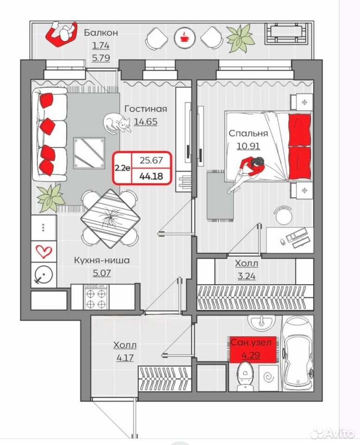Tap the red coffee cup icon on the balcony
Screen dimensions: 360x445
(185, 38)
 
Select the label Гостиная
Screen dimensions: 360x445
(146, 108)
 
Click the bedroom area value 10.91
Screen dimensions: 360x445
(248, 146)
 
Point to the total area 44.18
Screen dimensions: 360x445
(151, 176)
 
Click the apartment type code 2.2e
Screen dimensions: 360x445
(123, 168)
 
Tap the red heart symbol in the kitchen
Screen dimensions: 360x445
(44, 251)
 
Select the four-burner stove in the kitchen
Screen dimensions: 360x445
(96, 297)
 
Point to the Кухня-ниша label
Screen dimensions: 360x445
(102, 260)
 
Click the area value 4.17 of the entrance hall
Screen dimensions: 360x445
(125, 357)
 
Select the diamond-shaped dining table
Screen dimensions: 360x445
(110, 218)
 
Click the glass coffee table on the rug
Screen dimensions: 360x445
(89, 153)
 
